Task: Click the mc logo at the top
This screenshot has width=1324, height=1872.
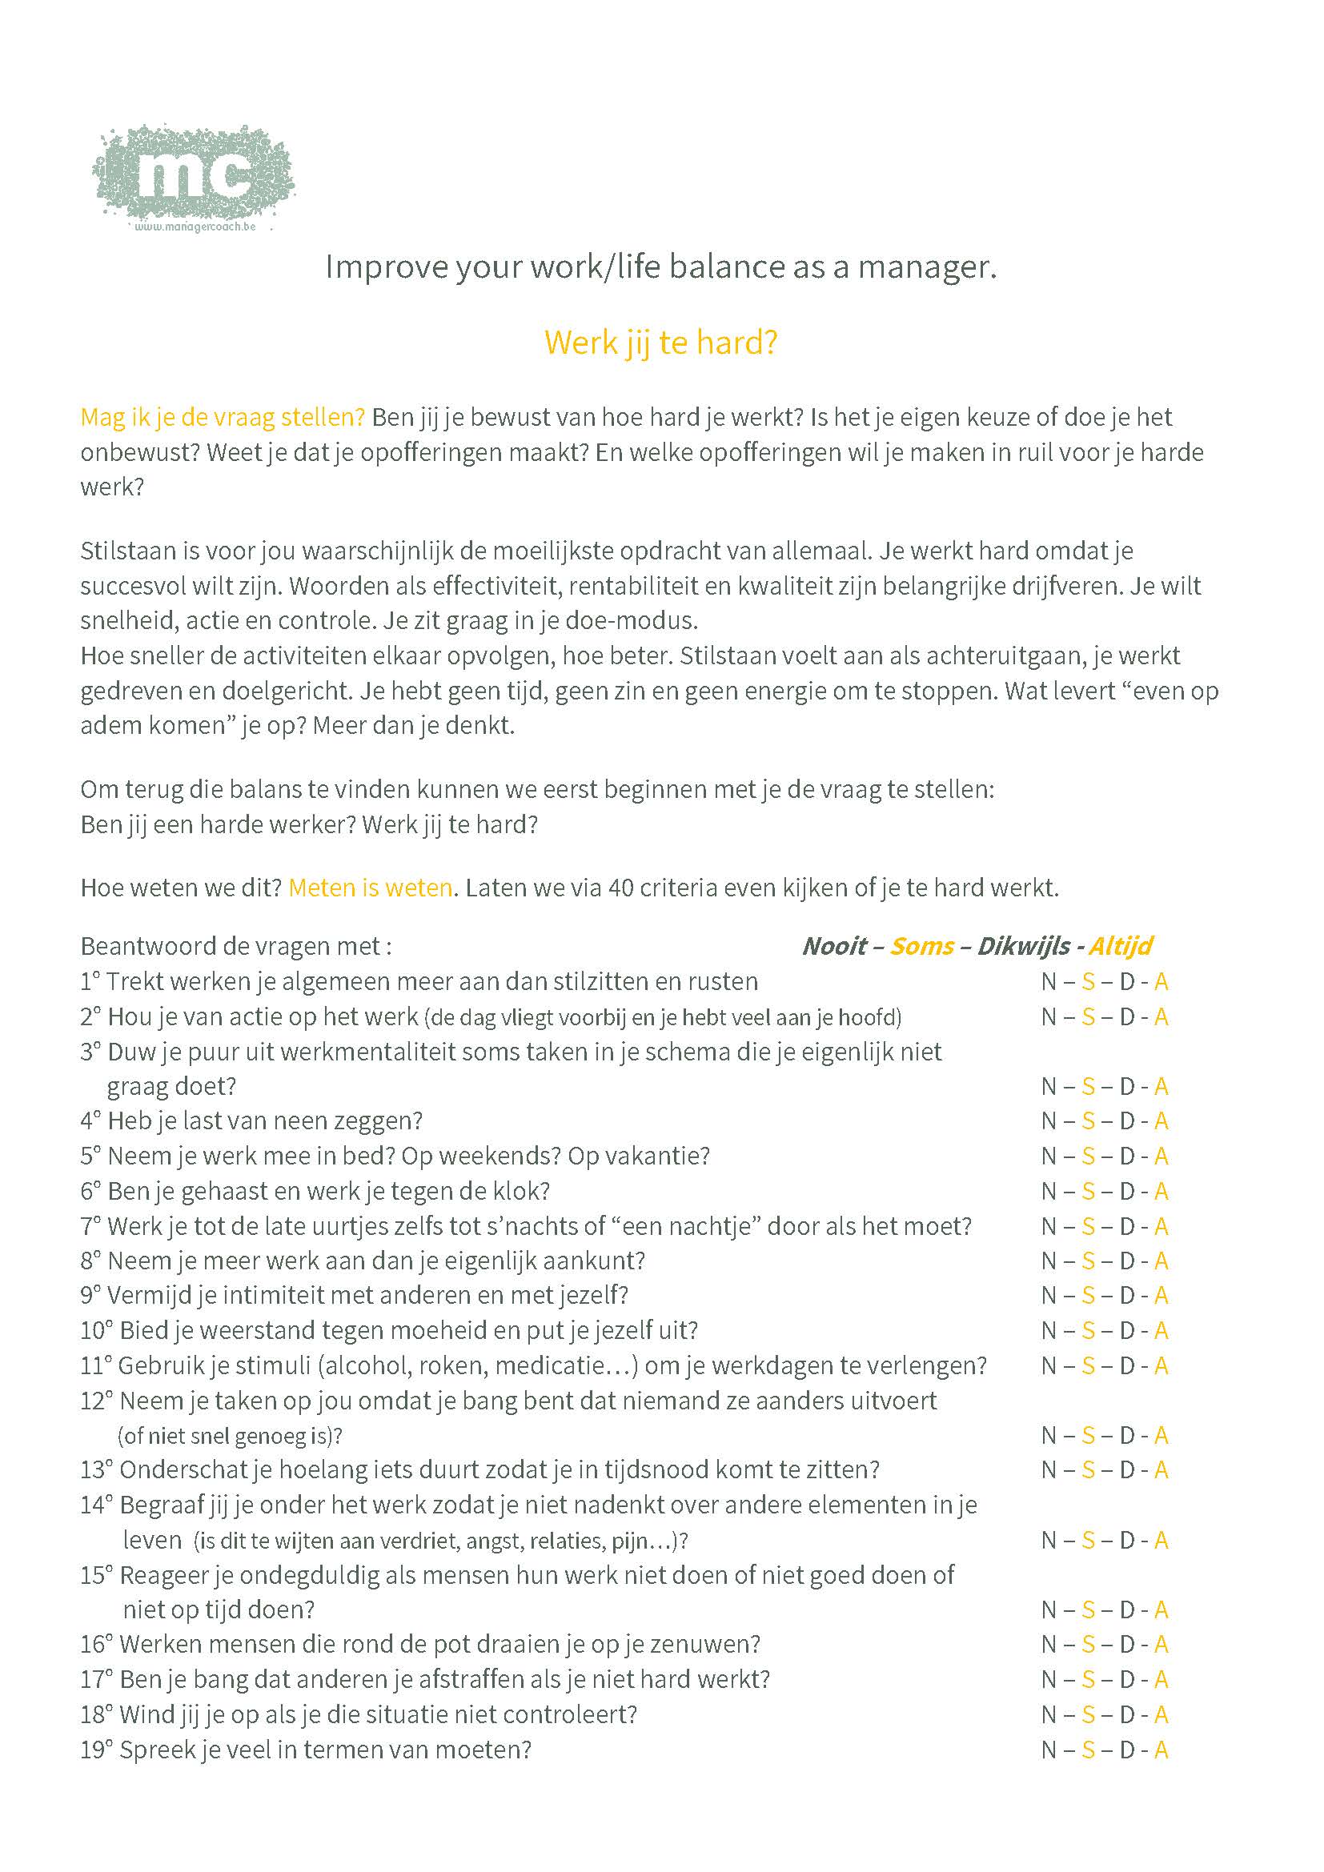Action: click(x=193, y=174)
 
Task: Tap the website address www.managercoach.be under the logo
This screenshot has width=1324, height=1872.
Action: click(x=195, y=226)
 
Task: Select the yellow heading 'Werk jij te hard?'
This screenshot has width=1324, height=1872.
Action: click(x=660, y=343)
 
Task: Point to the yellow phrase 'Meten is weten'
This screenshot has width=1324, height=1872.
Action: click(x=370, y=887)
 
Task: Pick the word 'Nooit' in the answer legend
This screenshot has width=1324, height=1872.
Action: click(x=834, y=946)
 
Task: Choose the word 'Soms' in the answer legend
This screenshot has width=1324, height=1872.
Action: click(x=921, y=946)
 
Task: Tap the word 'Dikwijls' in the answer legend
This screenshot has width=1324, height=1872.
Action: click(x=1023, y=946)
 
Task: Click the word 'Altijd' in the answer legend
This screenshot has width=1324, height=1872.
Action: click(x=1120, y=946)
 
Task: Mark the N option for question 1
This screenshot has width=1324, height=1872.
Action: click(x=1049, y=982)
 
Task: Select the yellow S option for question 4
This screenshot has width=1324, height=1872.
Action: click(x=1088, y=1121)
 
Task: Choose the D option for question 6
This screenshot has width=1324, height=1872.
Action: click(x=1127, y=1191)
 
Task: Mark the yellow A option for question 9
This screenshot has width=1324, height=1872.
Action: click(x=1161, y=1296)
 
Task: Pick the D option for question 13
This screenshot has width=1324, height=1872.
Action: click(x=1127, y=1470)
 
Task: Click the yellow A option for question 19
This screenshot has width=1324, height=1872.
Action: click(x=1161, y=1750)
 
